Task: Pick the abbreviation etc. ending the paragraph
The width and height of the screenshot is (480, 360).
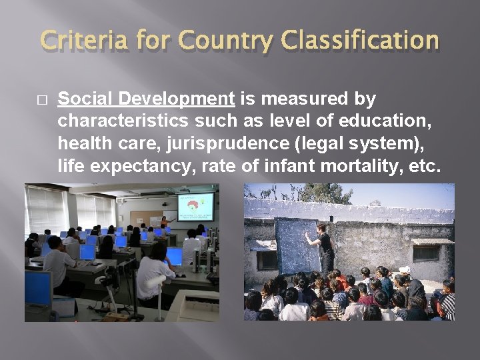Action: (x=425, y=166)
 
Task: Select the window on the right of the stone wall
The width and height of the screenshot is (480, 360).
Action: (x=427, y=252)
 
